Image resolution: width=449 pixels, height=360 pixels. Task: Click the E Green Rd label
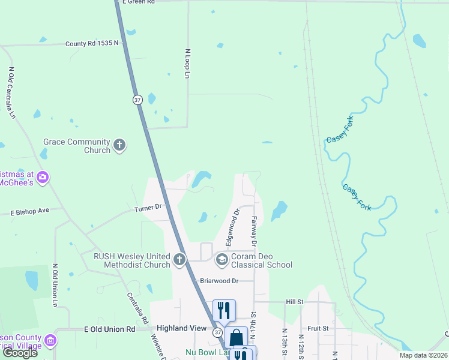(139, 2)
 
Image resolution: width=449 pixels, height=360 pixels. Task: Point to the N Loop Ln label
(187, 64)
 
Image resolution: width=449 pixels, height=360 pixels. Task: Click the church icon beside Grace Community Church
(119, 146)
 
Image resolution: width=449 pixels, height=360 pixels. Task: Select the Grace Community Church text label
(77, 146)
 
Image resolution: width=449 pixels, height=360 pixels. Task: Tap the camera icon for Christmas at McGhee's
(43, 177)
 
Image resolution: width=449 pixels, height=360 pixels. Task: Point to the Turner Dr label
(148, 208)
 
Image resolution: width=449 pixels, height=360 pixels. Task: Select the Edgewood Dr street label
(232, 227)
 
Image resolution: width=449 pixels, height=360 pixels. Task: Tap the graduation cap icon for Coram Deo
(221, 259)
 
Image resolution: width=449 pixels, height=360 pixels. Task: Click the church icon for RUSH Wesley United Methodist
(179, 260)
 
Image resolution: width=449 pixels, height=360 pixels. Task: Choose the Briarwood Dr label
(219, 280)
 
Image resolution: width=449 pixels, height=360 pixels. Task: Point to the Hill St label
(295, 302)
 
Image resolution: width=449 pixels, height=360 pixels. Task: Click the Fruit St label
(318, 328)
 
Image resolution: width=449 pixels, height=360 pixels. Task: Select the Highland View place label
(181, 329)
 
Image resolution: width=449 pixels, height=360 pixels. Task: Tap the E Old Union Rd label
(109, 329)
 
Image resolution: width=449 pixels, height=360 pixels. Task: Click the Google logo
(20, 353)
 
